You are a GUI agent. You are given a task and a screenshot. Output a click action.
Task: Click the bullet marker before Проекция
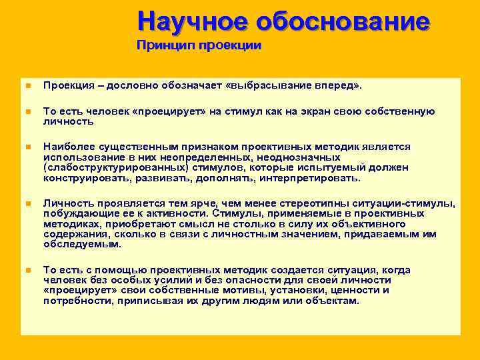(28, 86)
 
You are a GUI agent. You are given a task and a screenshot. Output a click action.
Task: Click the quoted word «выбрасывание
(267, 86)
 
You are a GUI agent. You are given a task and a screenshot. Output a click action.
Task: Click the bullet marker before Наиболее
(28, 147)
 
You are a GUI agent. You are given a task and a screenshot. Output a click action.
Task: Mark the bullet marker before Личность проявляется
(28, 203)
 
